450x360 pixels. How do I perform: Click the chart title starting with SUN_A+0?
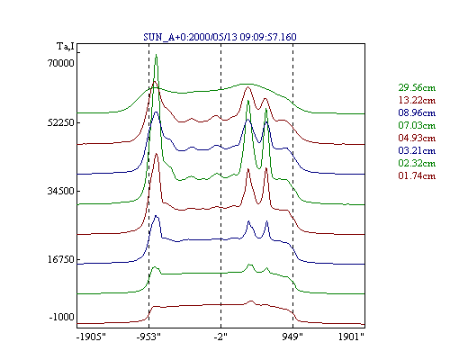[x=220, y=37]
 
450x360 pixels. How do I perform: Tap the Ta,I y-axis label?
[x=66, y=47]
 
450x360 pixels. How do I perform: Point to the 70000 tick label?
[x=61, y=63]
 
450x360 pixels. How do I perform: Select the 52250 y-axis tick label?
[x=61, y=122]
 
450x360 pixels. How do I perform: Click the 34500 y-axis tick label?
[x=61, y=191]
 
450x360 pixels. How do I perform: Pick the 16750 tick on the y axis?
[x=61, y=259]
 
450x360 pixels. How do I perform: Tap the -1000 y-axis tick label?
[x=62, y=317]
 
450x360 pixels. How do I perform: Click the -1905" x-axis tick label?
[x=91, y=337]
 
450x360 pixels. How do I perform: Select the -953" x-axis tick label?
[x=148, y=337]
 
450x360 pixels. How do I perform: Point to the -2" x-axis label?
[x=220, y=337]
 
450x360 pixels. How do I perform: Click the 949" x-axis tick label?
[x=292, y=337]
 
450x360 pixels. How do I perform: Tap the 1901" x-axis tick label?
[x=351, y=337]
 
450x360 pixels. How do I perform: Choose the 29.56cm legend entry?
[x=417, y=87]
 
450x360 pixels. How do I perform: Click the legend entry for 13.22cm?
[x=417, y=100]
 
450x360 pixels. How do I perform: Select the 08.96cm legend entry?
[x=417, y=112]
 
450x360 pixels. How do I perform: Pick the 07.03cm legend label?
[x=417, y=125]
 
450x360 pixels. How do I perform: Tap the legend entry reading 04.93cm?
[x=417, y=138]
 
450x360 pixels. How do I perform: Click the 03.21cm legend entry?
[x=417, y=150]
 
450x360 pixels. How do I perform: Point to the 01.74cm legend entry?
[x=417, y=175]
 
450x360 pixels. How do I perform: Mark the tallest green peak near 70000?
[x=156, y=55]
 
